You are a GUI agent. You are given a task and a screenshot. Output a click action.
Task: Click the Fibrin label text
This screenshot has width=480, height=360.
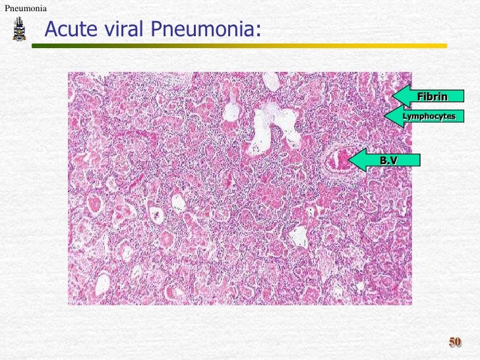432,97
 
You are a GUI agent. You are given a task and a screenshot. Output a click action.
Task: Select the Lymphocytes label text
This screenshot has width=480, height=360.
429,116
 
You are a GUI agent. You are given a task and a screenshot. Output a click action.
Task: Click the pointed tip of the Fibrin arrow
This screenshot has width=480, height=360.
393,96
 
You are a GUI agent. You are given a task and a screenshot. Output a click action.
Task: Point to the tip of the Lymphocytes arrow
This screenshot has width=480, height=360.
385,116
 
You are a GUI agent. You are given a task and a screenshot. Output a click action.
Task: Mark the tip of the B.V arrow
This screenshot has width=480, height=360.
349,160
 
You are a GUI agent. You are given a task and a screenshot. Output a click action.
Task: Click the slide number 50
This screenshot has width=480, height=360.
455,342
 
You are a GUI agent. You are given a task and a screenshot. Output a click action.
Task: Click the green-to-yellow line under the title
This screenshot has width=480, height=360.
237,46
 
